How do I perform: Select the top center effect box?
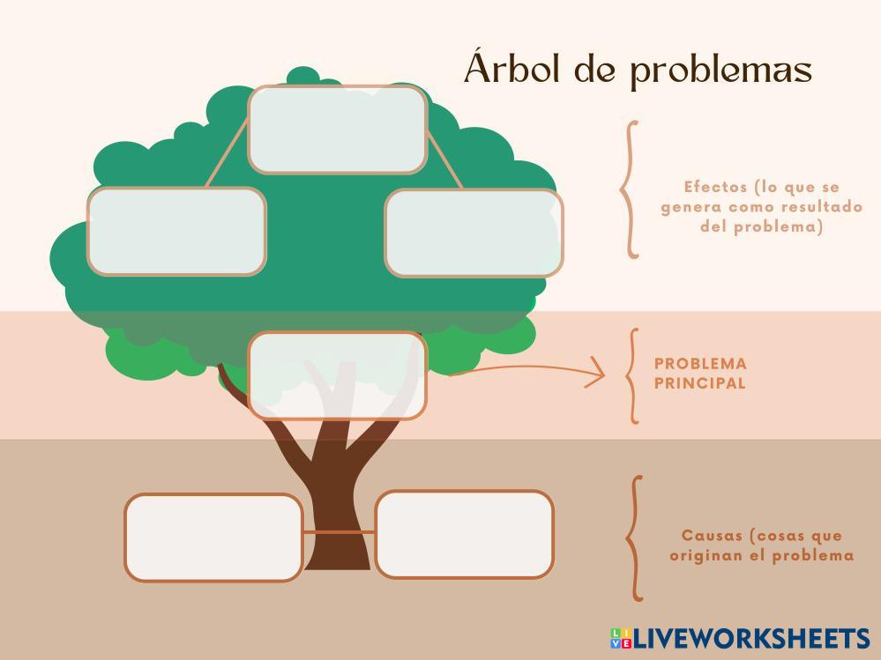coord(338,129)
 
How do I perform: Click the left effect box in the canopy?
coord(176,231)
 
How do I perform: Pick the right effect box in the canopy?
coord(474,233)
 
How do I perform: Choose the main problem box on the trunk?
coord(338,375)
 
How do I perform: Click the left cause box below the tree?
coord(213,538)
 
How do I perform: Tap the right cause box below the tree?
coord(465,534)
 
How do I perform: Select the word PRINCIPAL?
coord(700,383)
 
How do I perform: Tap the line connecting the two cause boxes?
coord(339,532)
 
